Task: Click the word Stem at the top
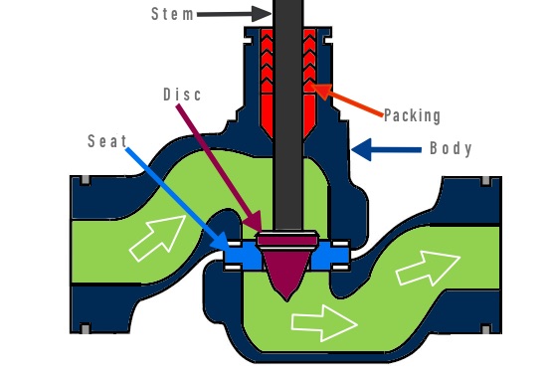point(174,14)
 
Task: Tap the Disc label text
point(182,95)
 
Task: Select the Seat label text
point(106,142)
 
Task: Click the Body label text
point(451,149)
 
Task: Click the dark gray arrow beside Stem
point(235,14)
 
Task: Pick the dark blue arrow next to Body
point(389,150)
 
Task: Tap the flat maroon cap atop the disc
point(286,240)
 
